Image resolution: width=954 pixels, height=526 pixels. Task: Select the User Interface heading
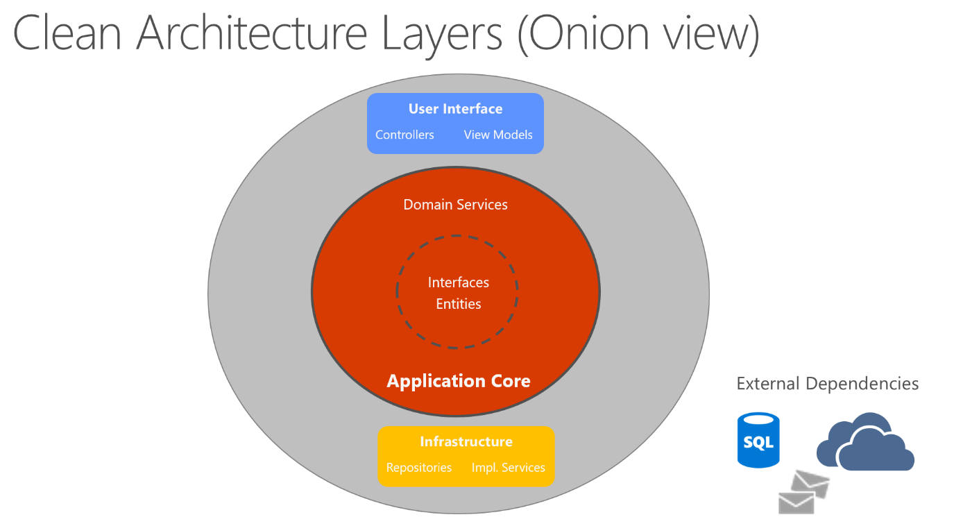click(455, 109)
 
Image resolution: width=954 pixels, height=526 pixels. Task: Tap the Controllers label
click(404, 135)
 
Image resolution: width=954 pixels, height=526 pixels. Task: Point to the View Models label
click(498, 135)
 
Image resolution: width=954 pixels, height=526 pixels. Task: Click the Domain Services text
click(455, 205)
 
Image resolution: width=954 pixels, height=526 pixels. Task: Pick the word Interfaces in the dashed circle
click(458, 282)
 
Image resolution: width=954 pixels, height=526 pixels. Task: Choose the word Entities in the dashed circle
click(458, 304)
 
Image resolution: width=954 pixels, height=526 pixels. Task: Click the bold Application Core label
click(458, 381)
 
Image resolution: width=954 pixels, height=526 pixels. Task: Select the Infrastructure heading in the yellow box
click(466, 441)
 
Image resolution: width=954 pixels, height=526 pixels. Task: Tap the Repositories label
click(418, 468)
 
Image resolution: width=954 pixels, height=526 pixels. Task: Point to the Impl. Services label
click(508, 468)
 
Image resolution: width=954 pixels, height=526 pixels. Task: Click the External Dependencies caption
click(827, 384)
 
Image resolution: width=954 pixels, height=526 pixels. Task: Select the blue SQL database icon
click(758, 440)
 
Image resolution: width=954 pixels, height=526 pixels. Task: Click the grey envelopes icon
click(803, 493)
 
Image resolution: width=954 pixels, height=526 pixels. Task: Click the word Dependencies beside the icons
click(871, 384)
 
